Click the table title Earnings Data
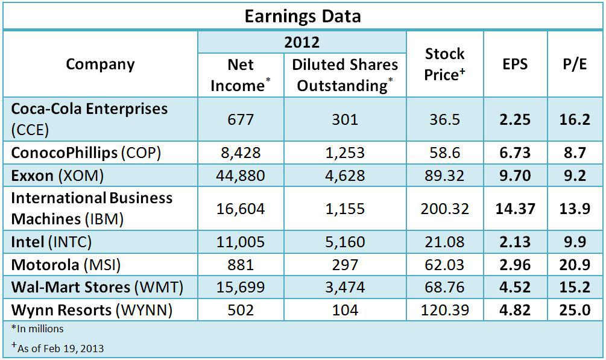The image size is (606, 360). [x=303, y=16]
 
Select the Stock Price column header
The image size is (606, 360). [x=445, y=65]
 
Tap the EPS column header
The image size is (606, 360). [x=515, y=65]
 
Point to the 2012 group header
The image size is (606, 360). [x=301, y=42]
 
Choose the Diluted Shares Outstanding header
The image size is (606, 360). [x=345, y=75]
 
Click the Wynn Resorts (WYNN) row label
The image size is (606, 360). [x=92, y=310]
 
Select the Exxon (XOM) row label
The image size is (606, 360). [x=58, y=175]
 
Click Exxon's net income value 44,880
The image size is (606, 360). [x=241, y=175]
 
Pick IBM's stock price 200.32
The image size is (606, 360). [x=445, y=209]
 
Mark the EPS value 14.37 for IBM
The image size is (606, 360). [x=515, y=209]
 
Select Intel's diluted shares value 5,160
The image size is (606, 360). [x=345, y=242]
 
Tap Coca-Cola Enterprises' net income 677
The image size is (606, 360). [x=241, y=119]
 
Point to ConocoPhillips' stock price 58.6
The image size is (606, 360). [x=445, y=153]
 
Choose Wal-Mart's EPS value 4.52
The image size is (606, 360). [x=515, y=288]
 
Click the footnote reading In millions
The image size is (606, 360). [x=37, y=329]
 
